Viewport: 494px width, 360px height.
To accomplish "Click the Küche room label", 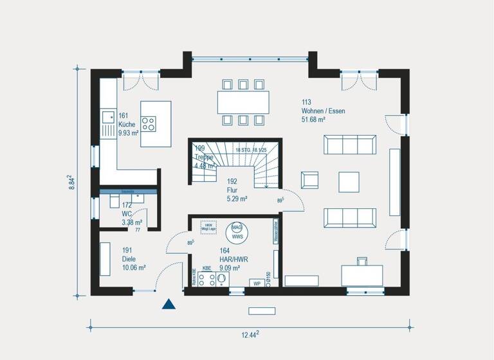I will (x=127, y=125).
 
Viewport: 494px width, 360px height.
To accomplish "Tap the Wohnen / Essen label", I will (x=323, y=111).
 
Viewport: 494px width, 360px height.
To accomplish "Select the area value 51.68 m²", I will (x=313, y=120).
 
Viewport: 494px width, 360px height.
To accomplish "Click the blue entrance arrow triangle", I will (x=169, y=304).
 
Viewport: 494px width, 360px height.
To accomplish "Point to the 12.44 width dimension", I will (x=248, y=334).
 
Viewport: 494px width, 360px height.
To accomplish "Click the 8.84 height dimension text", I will (x=72, y=182).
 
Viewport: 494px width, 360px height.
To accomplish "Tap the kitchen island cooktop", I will (x=148, y=123).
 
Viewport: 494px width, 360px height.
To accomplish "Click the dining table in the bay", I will (x=242, y=102).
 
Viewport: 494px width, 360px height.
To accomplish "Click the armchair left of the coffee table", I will (x=310, y=182).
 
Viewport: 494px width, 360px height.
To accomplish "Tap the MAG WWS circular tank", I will (x=237, y=233).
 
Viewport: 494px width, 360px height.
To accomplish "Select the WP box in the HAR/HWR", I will (x=257, y=283).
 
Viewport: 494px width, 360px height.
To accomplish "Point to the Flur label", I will (x=232, y=190).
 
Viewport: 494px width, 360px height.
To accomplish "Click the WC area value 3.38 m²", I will (x=132, y=223).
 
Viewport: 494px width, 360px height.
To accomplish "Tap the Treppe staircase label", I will (x=204, y=156).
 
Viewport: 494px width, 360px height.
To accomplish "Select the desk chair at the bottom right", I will (x=361, y=261).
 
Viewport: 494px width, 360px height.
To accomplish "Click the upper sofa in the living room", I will (x=350, y=145).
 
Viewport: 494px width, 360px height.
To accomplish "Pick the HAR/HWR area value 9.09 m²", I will (x=230, y=268).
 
